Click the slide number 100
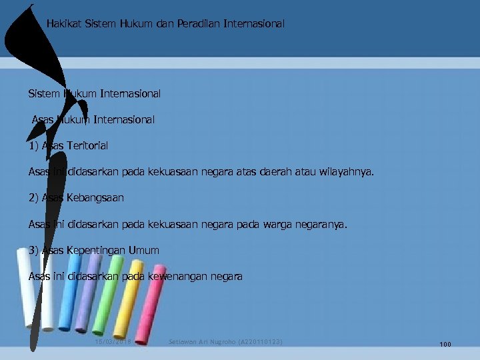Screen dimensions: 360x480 pos(445,344)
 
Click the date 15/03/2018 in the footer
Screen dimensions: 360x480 pos(115,342)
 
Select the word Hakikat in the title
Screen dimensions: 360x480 pos(65,23)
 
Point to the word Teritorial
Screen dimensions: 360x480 pos(87,145)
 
